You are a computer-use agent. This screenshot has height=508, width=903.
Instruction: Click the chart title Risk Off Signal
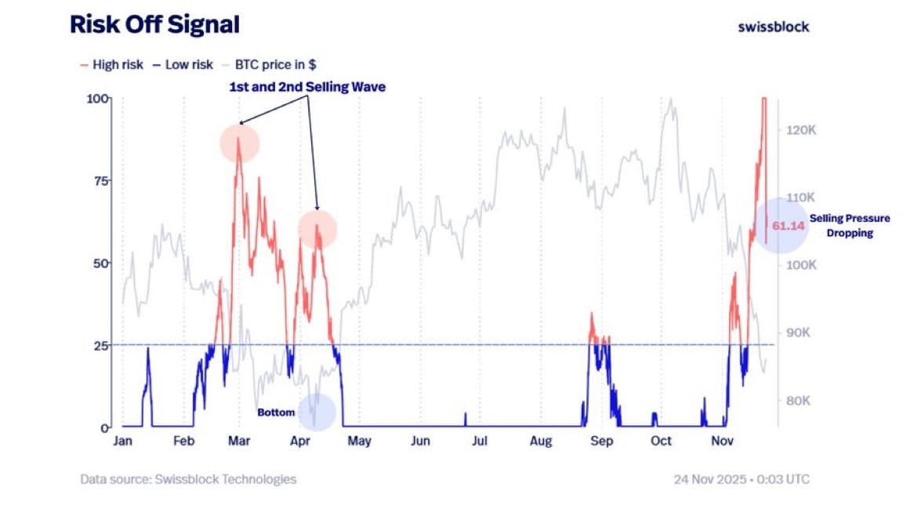[154, 25]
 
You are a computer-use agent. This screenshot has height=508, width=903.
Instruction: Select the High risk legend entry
[112, 65]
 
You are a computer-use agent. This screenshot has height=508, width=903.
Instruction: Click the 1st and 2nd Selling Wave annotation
[306, 87]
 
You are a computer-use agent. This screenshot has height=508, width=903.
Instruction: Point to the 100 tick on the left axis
[97, 99]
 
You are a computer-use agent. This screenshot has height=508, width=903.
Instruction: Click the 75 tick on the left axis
[100, 180]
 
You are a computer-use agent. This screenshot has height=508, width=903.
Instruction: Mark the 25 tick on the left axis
[100, 345]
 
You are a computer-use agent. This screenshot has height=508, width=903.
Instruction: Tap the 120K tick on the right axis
[801, 130]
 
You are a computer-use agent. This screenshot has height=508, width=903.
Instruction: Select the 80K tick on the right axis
[798, 401]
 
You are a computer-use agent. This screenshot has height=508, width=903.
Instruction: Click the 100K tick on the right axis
[801, 266]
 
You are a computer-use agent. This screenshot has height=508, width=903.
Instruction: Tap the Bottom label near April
[276, 412]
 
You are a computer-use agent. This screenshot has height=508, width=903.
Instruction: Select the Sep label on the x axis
[601, 441]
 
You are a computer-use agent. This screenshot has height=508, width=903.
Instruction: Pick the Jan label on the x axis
[122, 441]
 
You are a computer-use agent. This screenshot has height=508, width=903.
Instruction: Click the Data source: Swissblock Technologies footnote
[188, 479]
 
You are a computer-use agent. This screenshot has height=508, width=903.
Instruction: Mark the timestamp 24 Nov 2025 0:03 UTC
[742, 479]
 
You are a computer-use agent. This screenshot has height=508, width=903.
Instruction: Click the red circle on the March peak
[239, 143]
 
